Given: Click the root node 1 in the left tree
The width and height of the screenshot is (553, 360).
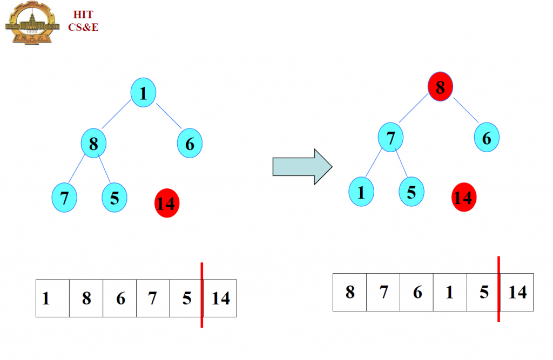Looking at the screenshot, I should [x=143, y=94].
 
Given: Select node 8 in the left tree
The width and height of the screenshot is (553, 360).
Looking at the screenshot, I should [x=93, y=144].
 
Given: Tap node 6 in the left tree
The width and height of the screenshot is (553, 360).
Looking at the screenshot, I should [x=190, y=144].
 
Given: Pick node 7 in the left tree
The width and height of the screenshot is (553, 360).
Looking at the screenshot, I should [x=64, y=198].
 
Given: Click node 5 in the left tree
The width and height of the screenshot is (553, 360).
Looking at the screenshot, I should [x=114, y=198].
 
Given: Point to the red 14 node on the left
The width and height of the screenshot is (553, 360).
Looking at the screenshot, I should [x=166, y=203].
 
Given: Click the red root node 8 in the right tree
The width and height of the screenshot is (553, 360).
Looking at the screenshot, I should [x=440, y=87].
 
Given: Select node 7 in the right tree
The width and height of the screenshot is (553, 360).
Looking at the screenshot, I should [x=390, y=138].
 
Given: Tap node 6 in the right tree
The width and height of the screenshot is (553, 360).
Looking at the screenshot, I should [x=487, y=138].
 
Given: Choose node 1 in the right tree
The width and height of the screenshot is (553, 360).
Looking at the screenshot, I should [x=361, y=192].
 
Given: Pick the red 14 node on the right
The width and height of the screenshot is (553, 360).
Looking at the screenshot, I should [x=463, y=198].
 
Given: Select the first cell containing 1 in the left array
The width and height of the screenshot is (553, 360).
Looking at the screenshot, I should [x=52, y=298].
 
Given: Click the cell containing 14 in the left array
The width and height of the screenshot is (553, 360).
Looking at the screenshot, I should [x=220, y=298].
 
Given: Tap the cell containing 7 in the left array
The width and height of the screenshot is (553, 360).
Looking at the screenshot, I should [x=153, y=298].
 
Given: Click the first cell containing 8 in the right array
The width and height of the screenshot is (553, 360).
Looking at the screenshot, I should [x=349, y=292].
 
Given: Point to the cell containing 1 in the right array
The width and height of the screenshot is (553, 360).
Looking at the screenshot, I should [x=450, y=292].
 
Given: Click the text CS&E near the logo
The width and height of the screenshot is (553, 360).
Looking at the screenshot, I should [x=83, y=27].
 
